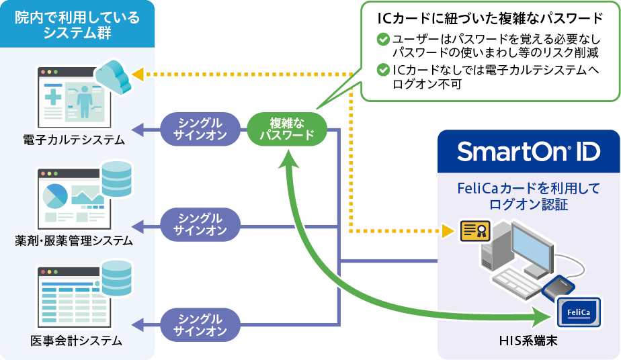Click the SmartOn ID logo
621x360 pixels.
[x=528, y=152]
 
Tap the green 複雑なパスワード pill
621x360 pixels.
[x=287, y=128]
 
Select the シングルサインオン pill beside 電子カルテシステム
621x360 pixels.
[x=200, y=128]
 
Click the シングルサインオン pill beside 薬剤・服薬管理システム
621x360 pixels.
[x=200, y=224]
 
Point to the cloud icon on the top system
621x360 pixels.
[x=114, y=75]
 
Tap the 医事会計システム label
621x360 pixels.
[x=76, y=341]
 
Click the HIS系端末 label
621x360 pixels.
[x=528, y=343]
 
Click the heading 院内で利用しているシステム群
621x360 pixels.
[x=77, y=26]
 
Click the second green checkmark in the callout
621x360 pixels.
[x=382, y=69]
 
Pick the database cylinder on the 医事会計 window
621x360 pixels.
[x=116, y=275]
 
